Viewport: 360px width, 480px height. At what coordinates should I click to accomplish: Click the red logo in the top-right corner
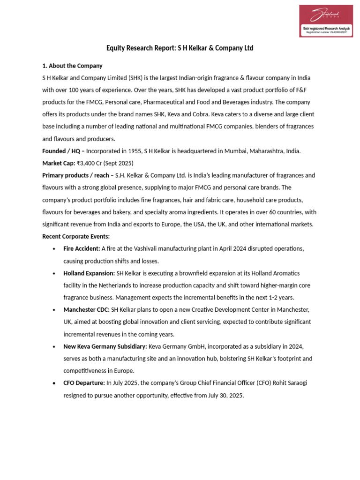coord(326,21)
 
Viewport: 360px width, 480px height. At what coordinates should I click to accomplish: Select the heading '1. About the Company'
coord(72,66)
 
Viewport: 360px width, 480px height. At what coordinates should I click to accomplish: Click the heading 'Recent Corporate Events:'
coord(76,236)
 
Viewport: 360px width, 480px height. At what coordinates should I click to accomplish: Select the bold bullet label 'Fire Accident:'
coord(82,248)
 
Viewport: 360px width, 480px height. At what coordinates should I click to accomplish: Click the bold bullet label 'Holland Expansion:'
coord(89,273)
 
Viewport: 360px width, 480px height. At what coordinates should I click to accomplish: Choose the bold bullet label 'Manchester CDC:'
coord(86,310)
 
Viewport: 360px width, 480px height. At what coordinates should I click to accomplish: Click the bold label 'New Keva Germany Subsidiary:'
coord(105,346)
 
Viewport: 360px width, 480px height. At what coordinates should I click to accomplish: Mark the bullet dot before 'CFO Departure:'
coord(55,383)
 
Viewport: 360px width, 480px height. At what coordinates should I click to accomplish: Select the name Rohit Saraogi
coord(289,383)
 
